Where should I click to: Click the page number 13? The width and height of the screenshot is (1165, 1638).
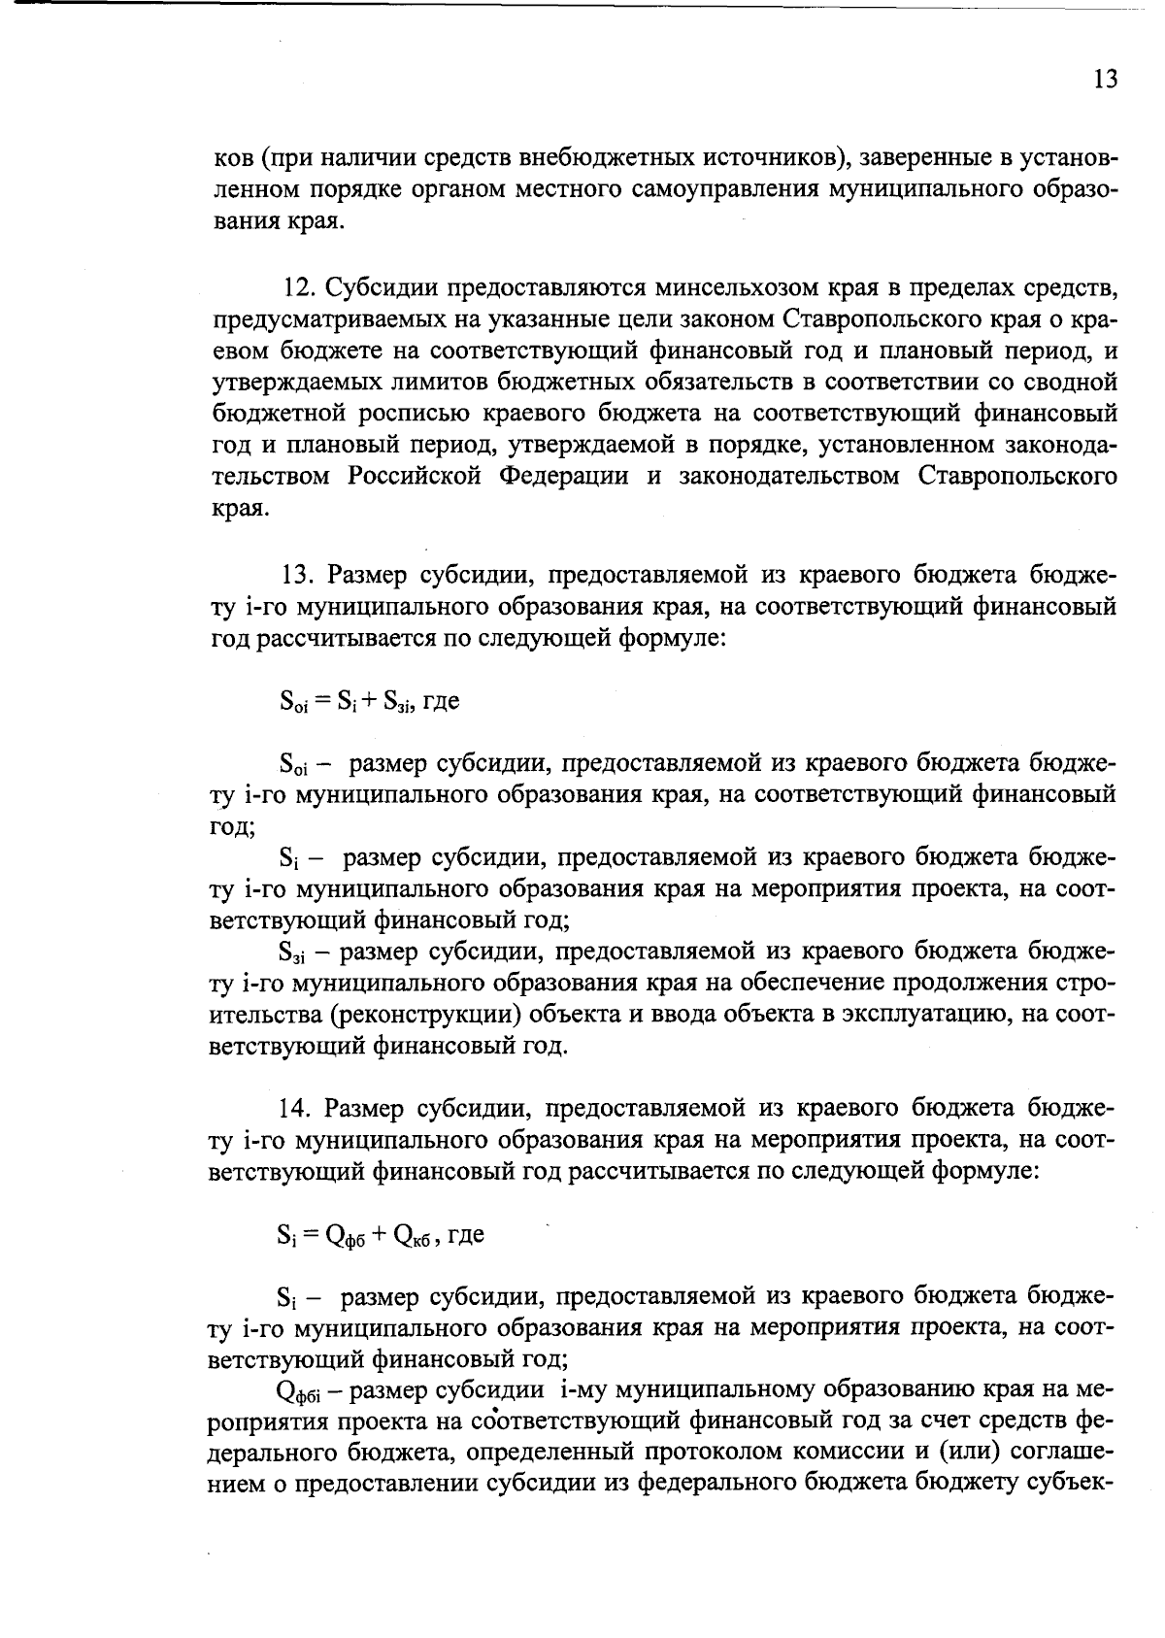[x=1105, y=79]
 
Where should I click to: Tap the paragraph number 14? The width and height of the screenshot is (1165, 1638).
[x=295, y=1107]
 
